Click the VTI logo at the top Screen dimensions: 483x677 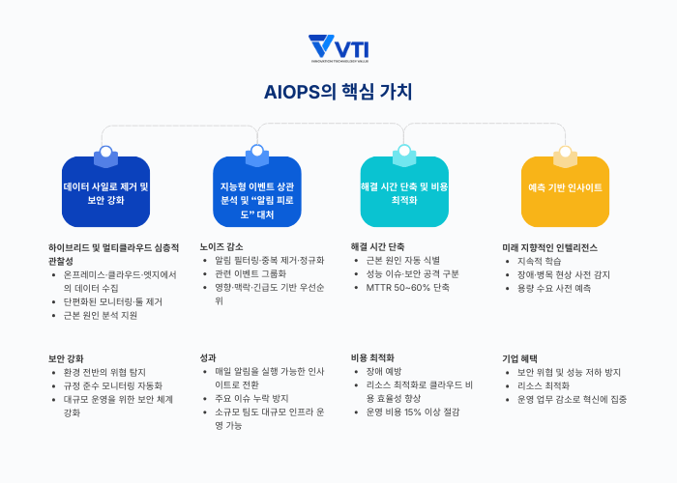point(338,48)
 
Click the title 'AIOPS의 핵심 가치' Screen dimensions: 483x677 point(338,93)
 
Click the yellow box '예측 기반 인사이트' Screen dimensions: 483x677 point(565,187)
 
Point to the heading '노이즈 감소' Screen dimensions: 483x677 point(221,246)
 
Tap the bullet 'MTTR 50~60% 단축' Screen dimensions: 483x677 point(407,287)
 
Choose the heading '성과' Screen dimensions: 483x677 point(208,356)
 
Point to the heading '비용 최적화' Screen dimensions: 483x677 point(372,356)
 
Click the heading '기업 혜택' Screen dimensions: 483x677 point(519,357)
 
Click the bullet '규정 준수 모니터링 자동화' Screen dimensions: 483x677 point(111,384)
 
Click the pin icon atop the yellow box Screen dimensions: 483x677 point(564,154)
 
